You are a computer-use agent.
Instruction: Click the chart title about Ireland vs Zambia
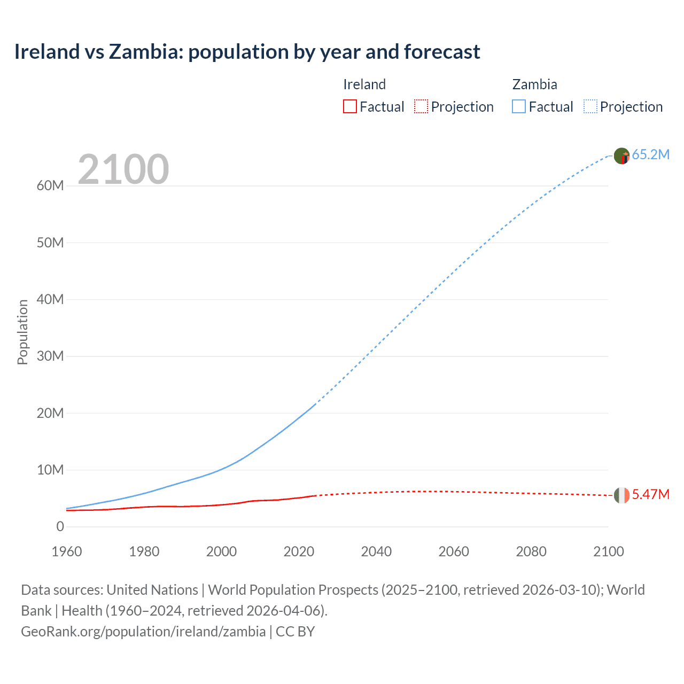click(x=247, y=52)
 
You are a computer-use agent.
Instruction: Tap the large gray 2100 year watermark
click(x=123, y=169)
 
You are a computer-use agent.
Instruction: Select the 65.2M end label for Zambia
click(x=650, y=155)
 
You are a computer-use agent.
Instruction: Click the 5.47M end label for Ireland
click(x=650, y=495)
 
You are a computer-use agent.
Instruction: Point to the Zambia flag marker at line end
click(x=621, y=156)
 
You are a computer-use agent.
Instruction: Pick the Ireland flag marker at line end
click(x=621, y=495)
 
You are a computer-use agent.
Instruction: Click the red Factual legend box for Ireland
click(x=350, y=107)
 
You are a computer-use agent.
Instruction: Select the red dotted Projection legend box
click(x=421, y=107)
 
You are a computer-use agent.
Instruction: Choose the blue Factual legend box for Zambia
click(x=519, y=107)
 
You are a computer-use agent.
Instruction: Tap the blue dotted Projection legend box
click(x=590, y=107)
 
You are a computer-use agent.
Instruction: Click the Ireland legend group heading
click(x=364, y=84)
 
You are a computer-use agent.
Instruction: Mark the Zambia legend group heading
click(x=534, y=84)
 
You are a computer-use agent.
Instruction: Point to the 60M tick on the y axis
click(x=50, y=186)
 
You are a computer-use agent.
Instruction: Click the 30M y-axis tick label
click(x=50, y=356)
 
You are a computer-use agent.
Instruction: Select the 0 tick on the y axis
click(x=60, y=527)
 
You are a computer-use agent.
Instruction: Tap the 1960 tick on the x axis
click(x=67, y=551)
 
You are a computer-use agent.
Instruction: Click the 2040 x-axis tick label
click(x=376, y=551)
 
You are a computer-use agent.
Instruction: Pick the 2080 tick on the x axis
click(x=531, y=551)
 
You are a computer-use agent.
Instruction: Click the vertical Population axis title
click(x=22, y=332)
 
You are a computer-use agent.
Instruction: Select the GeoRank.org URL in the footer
click(x=143, y=632)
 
